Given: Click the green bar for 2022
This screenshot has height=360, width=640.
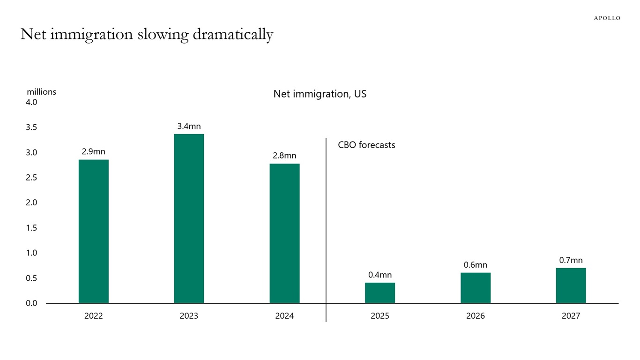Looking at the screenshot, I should tap(93, 232).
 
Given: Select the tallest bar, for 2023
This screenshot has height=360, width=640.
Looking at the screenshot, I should tap(189, 218).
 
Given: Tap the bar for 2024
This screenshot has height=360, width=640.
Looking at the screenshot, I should tap(284, 233).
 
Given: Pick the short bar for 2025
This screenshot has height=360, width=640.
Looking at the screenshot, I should tap(380, 293).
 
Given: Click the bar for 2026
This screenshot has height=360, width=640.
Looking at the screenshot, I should tap(476, 288).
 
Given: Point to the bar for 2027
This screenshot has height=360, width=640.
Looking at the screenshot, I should tap(571, 285).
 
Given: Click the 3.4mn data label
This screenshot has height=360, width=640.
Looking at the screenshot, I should tap(189, 126).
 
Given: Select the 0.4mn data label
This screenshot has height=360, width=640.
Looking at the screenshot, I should tap(380, 275).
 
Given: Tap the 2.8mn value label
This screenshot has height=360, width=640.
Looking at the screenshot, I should tap(284, 156).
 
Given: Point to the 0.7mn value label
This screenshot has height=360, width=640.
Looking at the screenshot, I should tap(571, 260).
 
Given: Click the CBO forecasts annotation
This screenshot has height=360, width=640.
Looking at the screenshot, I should tap(366, 145).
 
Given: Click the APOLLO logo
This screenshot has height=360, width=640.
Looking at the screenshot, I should tap(607, 18).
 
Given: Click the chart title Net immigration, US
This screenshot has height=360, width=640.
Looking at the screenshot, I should tap(320, 94).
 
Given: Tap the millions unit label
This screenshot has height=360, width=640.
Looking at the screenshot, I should tap(41, 92).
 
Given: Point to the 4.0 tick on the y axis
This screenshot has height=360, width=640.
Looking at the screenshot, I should tap(31, 102).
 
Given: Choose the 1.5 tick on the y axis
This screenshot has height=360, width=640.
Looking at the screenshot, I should tap(31, 228).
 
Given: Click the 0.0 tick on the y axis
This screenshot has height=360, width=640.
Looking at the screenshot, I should tap(31, 303).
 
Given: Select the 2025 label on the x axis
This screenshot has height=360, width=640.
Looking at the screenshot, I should tap(380, 316).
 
